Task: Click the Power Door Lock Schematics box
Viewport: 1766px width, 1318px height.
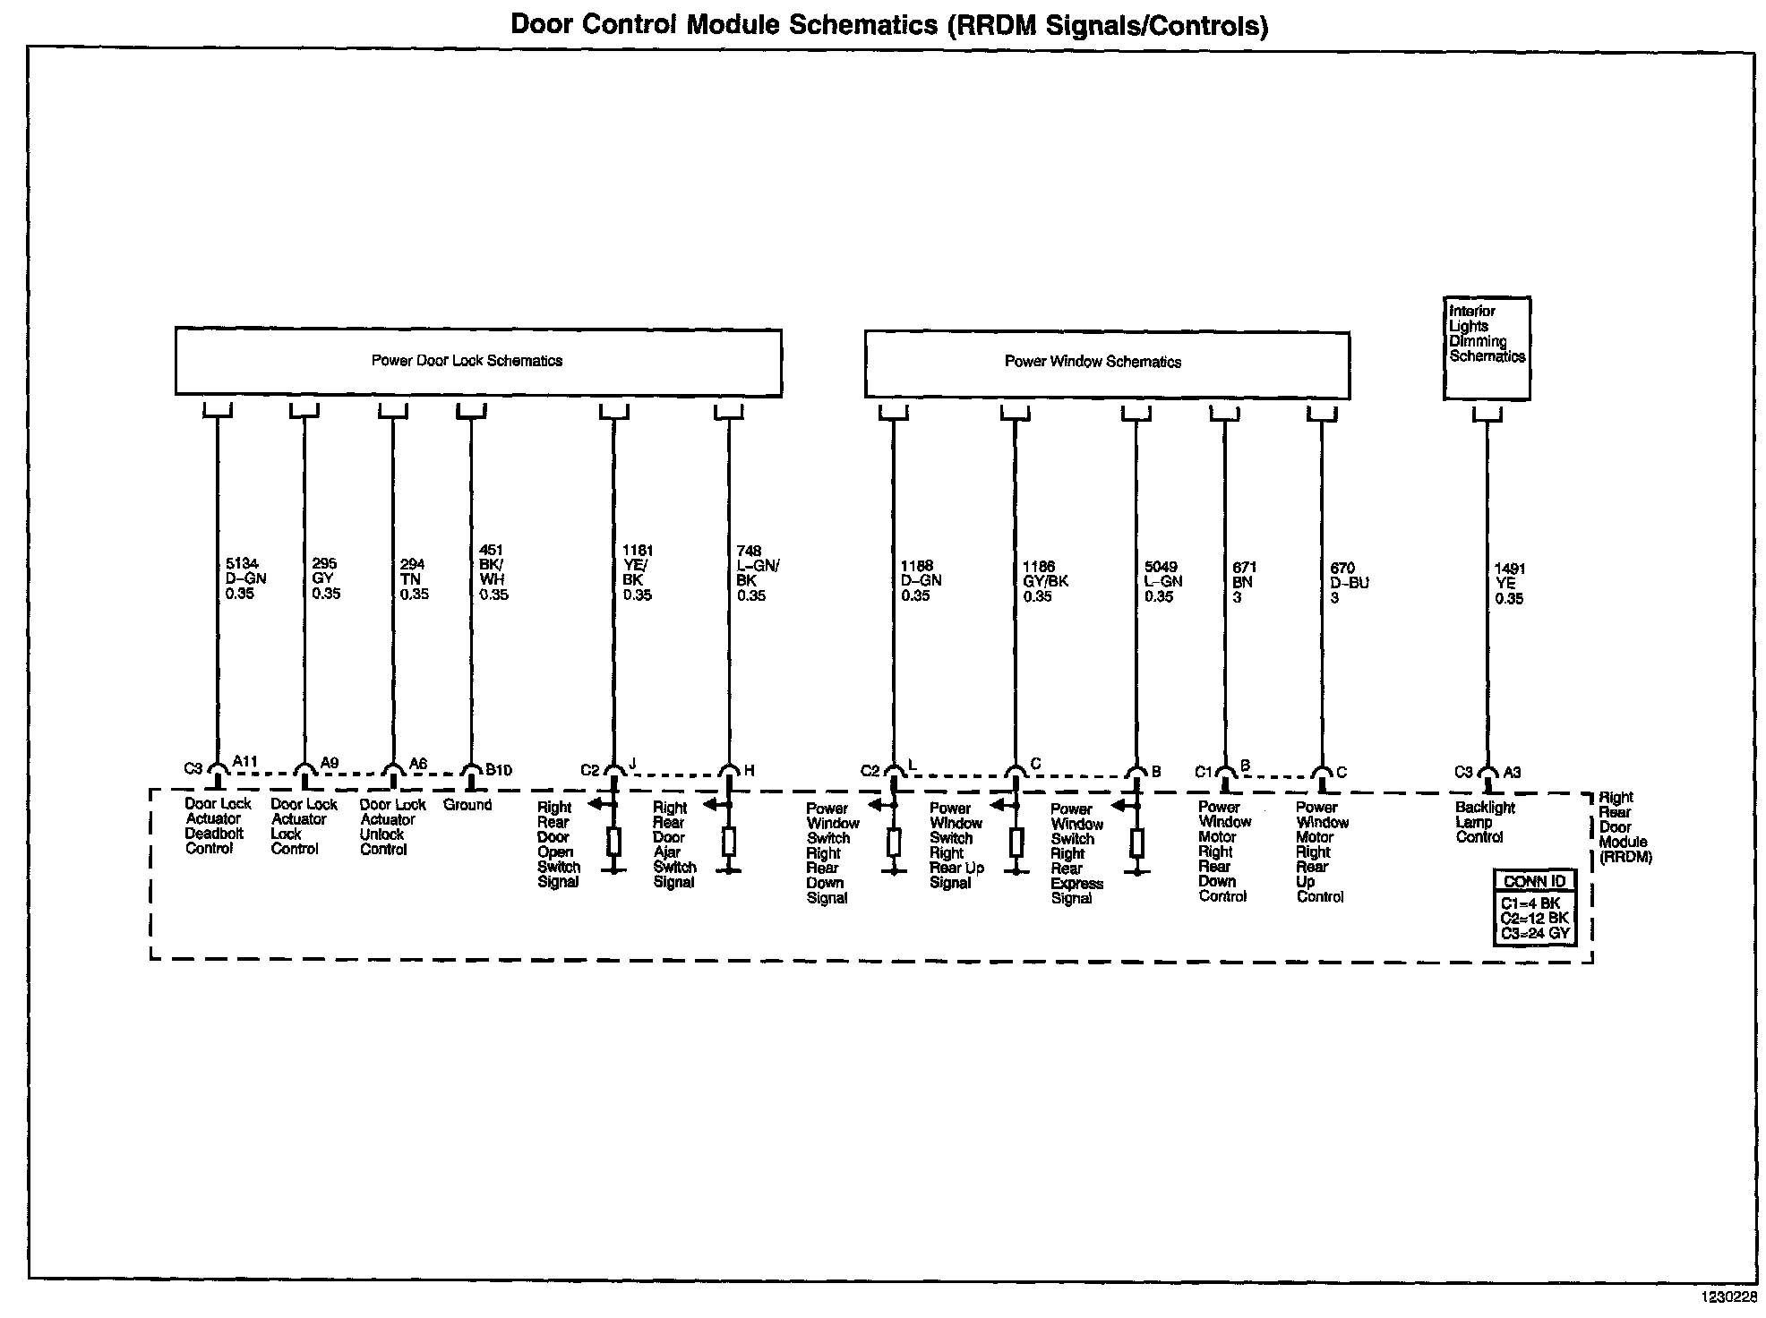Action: (477, 362)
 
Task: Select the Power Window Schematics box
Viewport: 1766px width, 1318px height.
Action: (1106, 363)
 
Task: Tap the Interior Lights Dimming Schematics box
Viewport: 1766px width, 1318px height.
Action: (1487, 347)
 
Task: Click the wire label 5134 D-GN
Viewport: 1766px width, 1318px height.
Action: (245, 578)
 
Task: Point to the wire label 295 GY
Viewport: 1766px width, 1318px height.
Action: (326, 578)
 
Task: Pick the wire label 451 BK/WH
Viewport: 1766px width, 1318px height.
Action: (493, 572)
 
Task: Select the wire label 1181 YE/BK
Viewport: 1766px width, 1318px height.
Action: (638, 572)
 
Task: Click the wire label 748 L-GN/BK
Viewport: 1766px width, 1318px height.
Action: (758, 573)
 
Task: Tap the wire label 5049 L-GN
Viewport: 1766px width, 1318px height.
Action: (1162, 581)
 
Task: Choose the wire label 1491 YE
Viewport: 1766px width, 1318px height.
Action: (1509, 583)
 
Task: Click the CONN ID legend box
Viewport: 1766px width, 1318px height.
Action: (1535, 906)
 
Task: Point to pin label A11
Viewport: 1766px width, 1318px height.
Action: (245, 762)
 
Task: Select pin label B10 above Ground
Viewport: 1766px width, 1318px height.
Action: (499, 769)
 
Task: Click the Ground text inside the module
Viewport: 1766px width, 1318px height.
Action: (467, 805)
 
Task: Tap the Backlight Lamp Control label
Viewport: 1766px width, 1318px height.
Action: (1485, 822)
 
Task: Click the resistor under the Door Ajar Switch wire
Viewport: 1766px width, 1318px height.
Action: (729, 842)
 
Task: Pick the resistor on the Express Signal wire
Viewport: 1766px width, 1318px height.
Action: (1136, 843)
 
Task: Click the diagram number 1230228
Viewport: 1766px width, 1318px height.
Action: (1729, 1296)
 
